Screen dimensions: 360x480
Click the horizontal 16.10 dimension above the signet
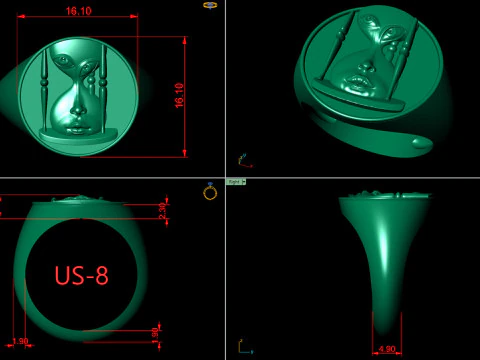[x=78, y=11]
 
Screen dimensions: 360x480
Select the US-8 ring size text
[x=81, y=276]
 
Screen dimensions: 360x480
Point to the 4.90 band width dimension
[x=387, y=349]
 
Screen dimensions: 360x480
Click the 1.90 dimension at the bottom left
[x=20, y=341]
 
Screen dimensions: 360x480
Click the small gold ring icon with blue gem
[x=210, y=191]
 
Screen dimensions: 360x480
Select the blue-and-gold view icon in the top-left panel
[x=210, y=5]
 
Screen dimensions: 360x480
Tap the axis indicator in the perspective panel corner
[x=243, y=159]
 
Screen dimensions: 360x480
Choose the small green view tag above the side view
[x=236, y=182]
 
